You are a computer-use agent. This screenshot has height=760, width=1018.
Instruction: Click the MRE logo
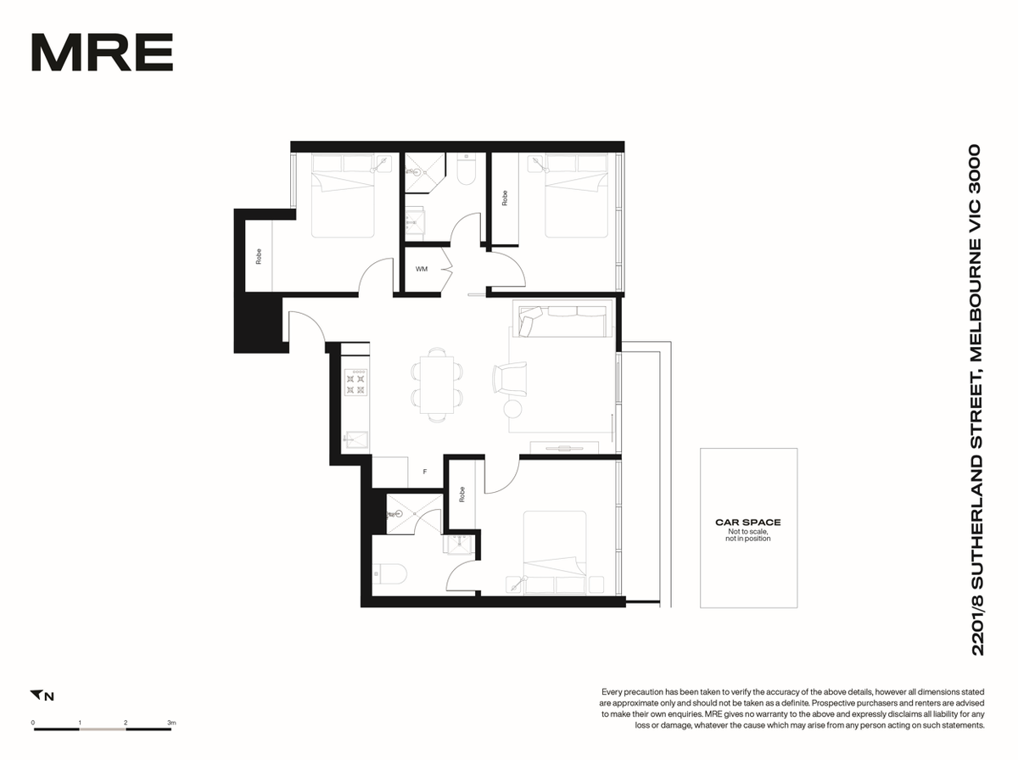click(102, 52)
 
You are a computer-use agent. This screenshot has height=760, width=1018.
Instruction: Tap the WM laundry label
click(422, 269)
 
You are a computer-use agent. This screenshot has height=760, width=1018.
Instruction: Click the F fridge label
click(425, 472)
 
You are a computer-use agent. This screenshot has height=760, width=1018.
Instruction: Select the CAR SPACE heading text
click(748, 522)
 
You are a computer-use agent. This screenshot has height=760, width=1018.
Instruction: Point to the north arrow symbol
click(36, 695)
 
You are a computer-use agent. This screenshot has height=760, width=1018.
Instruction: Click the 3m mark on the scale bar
click(171, 723)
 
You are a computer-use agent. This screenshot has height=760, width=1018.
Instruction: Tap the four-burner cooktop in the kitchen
click(355, 382)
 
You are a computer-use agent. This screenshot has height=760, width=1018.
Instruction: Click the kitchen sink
click(356, 439)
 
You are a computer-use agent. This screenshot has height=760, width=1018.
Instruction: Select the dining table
click(436, 384)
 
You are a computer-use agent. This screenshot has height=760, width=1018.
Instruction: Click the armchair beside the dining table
click(509, 377)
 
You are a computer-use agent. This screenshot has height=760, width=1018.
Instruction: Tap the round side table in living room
click(513, 409)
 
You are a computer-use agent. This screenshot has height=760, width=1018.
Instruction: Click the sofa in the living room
click(562, 321)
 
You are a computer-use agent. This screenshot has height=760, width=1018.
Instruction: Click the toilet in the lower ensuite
click(389, 574)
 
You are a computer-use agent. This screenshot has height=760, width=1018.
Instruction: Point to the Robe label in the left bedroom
click(259, 256)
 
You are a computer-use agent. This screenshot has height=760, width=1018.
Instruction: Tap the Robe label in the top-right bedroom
click(505, 198)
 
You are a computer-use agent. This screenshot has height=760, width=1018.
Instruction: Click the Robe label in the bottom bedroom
click(461, 495)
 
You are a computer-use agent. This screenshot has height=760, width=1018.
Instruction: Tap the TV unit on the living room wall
click(564, 447)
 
